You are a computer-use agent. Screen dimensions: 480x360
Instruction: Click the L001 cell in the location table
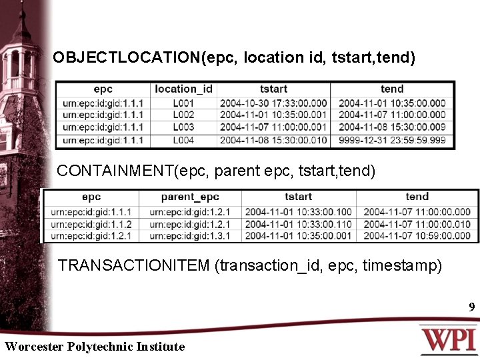(183, 103)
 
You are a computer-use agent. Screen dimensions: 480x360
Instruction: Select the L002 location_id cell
(183, 115)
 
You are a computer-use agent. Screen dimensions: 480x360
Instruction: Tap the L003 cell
(183, 127)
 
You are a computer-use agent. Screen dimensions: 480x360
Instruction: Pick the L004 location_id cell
(183, 140)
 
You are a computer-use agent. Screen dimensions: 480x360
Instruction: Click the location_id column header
(183, 89)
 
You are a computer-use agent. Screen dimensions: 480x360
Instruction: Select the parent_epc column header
(190, 197)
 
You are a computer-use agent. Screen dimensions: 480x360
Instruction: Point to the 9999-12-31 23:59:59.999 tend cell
(392, 140)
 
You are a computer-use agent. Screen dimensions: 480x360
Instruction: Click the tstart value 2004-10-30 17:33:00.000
(273, 103)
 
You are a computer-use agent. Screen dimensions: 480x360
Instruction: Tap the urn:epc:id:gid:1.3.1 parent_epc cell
(190, 236)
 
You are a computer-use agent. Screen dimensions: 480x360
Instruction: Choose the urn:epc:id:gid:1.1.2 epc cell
(91, 224)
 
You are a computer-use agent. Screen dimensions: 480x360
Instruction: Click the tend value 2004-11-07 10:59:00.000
(417, 236)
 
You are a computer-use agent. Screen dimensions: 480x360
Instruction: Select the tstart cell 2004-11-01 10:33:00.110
(298, 224)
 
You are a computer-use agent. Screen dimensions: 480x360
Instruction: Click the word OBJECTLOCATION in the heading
(127, 58)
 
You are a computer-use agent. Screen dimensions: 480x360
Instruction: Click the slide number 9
(471, 308)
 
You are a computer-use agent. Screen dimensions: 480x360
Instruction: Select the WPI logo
(448, 339)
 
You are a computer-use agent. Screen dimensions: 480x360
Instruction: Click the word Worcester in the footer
(33, 347)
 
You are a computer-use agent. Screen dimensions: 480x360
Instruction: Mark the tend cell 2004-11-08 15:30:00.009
(392, 127)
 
